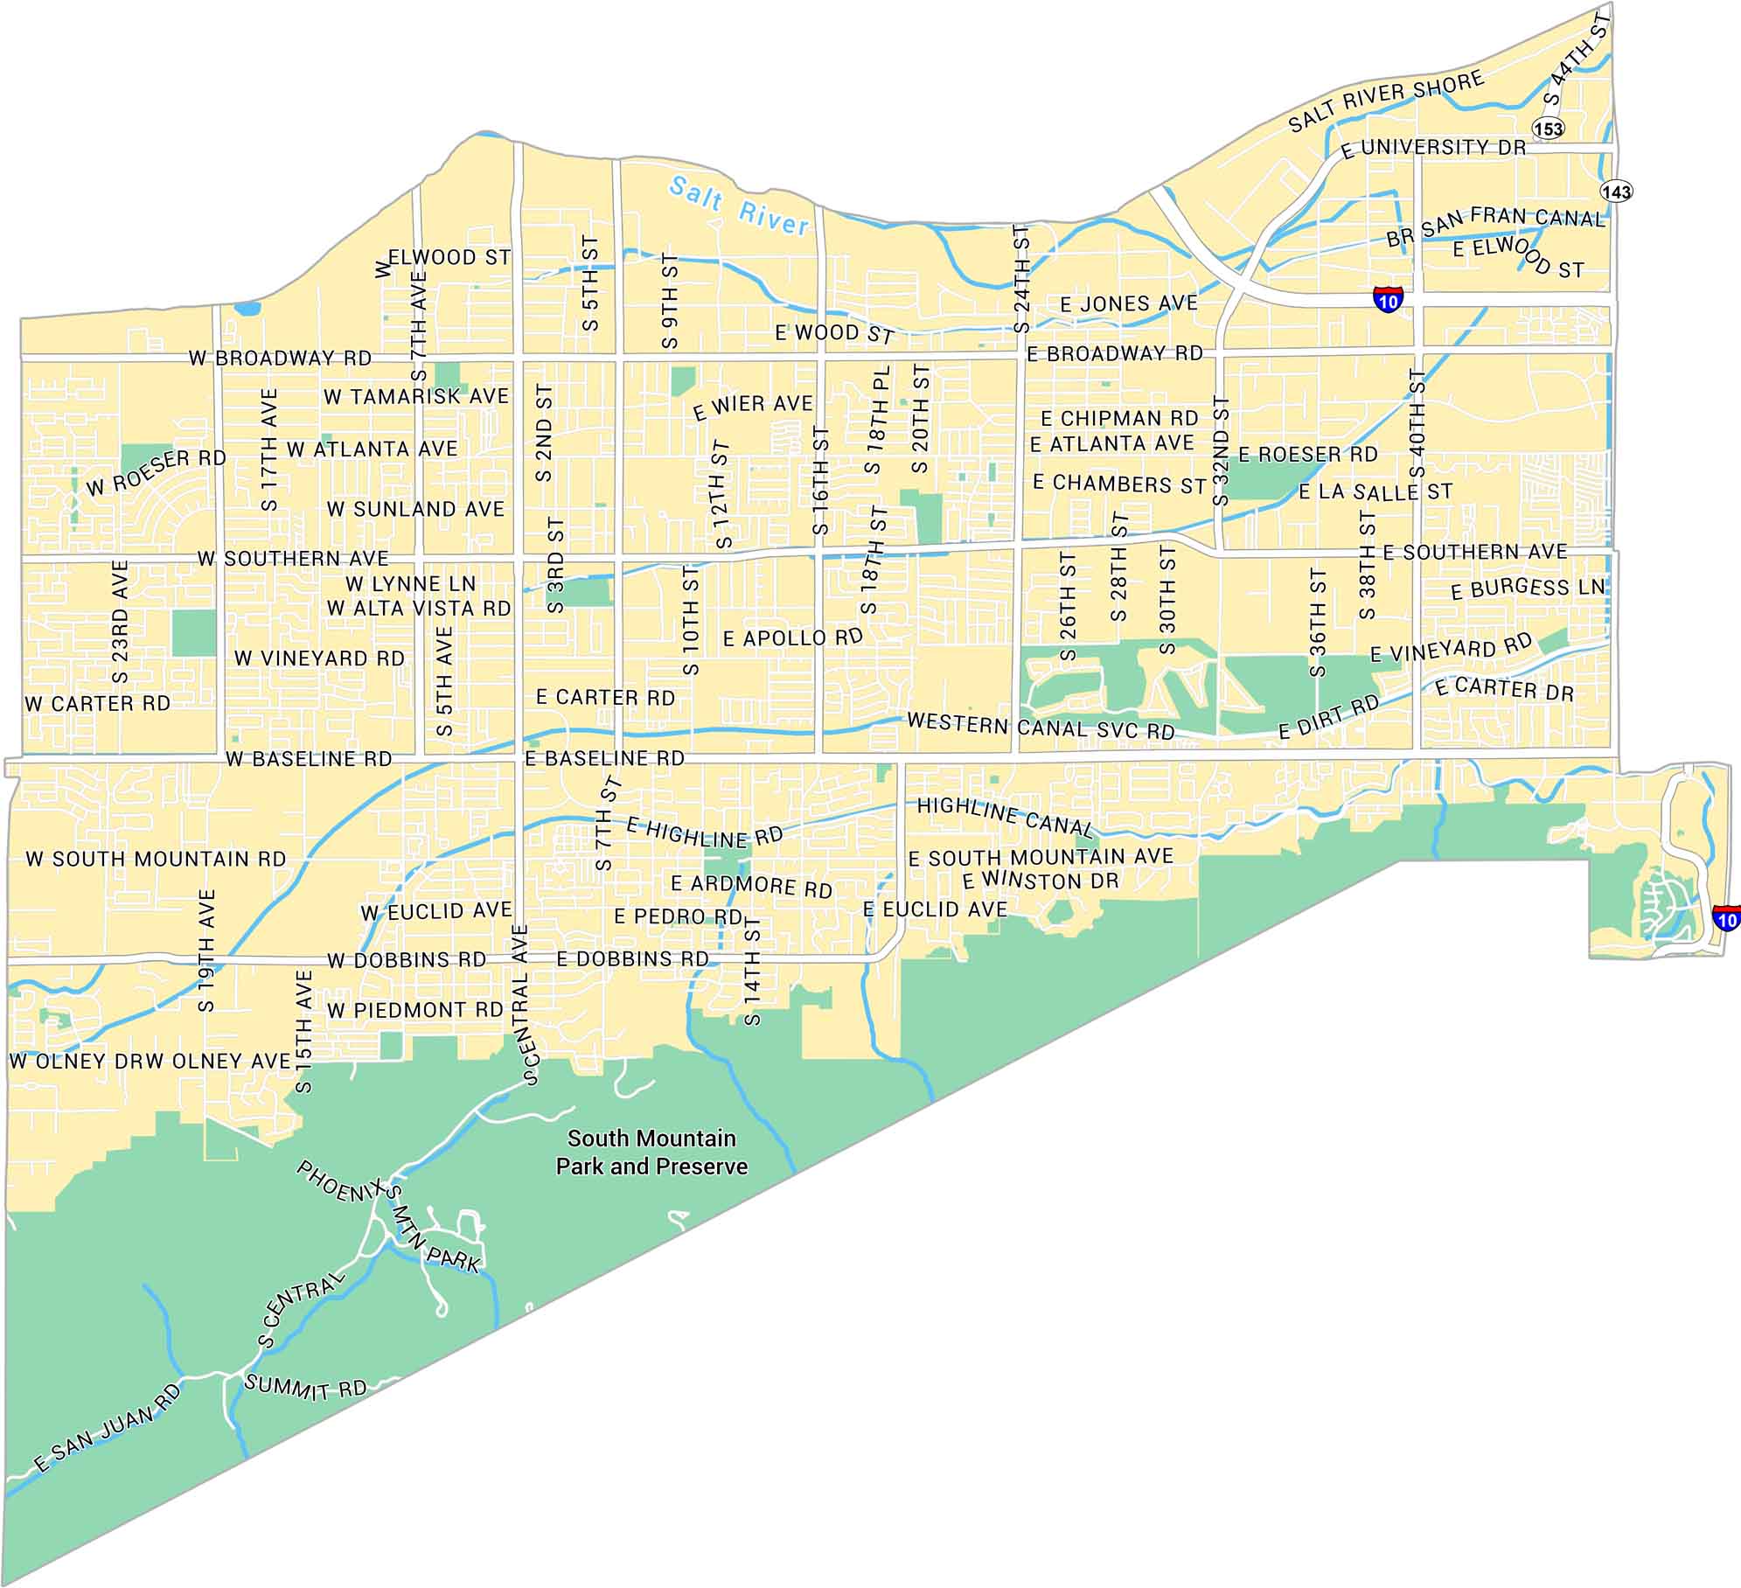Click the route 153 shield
(1548, 129)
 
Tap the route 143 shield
(1616, 191)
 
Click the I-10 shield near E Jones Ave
(1388, 298)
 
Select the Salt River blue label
(738, 206)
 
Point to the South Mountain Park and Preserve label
(651, 1152)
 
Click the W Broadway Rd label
(280, 358)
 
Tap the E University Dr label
(1433, 148)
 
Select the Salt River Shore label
(1386, 101)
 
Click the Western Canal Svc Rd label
(1041, 726)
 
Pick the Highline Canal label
(1005, 815)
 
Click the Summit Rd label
(305, 1388)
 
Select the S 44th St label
(1577, 61)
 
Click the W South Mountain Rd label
(156, 859)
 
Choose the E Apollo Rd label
(792, 637)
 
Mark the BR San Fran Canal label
(1495, 226)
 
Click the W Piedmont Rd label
(415, 1010)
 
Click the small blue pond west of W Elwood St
(247, 308)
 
